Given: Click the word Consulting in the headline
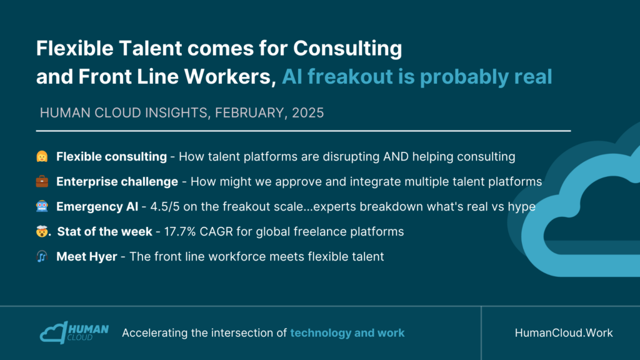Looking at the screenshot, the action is click(347, 49).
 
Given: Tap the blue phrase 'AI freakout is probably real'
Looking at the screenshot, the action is click(417, 77).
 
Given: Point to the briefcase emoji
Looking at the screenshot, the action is click(42, 181).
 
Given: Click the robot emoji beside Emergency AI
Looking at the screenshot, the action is click(42, 206).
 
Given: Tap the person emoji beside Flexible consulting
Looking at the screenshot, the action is click(42, 156).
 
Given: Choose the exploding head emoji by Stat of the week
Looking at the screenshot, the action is click(42, 231).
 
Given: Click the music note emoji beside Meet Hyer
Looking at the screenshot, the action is click(42, 256).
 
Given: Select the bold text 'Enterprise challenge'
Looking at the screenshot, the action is click(117, 182).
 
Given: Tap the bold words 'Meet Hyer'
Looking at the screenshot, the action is click(86, 257).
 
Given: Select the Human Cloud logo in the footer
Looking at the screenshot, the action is click(74, 332).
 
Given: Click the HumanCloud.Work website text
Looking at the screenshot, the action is click(564, 333).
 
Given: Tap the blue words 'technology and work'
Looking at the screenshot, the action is click(347, 333).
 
